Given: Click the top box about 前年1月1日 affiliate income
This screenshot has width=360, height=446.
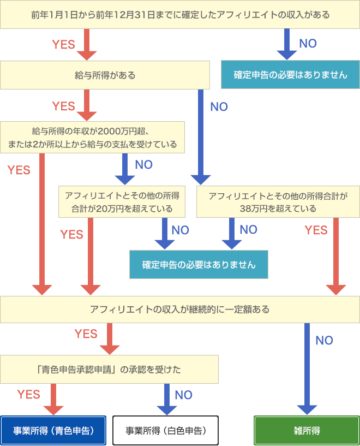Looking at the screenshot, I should pos(180,15).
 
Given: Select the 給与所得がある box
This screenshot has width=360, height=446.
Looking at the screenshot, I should pos(105,75).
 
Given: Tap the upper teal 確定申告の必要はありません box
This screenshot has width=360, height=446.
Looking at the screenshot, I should pos(290,75).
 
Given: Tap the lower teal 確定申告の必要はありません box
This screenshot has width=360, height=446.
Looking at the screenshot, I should pos(199,265).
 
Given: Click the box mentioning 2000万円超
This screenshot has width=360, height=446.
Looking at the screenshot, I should pos(92,138).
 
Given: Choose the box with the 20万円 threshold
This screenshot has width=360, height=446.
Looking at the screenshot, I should pos(122,201).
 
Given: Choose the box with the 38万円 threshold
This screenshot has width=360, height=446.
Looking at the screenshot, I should pos(277,201).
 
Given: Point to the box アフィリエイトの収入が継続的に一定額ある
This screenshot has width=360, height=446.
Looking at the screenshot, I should pos(180,310).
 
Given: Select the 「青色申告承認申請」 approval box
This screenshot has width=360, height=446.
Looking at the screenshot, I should pos(109,369).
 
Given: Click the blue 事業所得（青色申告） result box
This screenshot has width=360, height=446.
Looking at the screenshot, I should pos(53,430).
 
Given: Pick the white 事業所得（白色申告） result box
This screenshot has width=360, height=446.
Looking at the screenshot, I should pos(165,430).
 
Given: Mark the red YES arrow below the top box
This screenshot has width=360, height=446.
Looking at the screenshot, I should pos(86,44).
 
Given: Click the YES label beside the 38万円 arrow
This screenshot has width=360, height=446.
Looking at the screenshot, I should pos(316,230).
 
